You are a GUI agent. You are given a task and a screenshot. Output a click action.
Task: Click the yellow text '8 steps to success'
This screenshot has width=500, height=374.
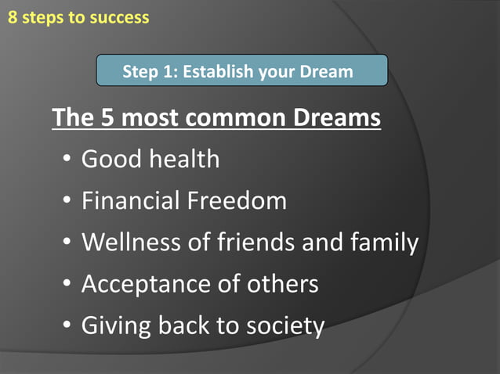[78, 16]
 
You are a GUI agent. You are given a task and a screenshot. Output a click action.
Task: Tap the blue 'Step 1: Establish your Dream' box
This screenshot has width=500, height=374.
[242, 71]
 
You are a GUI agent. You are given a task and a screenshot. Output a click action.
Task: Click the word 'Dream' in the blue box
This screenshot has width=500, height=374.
[326, 72]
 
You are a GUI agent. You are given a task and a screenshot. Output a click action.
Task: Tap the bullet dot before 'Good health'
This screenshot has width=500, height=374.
[68, 160]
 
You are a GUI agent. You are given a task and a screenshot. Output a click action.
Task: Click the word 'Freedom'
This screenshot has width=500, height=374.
[237, 200]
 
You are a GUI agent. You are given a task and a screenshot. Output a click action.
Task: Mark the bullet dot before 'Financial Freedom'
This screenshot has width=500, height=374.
[68, 201]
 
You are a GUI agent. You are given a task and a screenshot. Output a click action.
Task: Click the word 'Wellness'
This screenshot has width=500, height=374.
[131, 242]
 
